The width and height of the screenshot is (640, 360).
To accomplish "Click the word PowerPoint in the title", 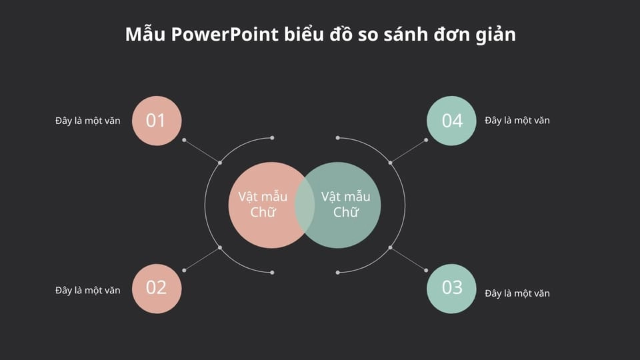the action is pos(225,34).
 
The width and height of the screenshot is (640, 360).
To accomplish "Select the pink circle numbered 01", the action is pos(157,121).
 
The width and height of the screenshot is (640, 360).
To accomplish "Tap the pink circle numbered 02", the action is pos(157,289).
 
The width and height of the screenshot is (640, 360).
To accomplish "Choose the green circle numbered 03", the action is pos(451,289).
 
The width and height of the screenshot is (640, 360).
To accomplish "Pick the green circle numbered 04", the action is pos(451,121).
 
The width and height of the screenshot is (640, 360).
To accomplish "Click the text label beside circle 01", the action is pos(88,121).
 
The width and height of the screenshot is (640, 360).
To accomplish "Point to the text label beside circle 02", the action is pos(88,290).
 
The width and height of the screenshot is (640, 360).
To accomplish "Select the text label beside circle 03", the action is pos(517,293).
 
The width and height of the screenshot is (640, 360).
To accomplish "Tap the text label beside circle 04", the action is pos(517,121).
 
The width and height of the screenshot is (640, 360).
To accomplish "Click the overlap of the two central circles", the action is pos(305,205).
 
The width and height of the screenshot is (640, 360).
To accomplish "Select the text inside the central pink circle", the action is pos(263,205).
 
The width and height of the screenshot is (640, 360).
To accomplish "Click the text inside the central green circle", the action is pos(346,205).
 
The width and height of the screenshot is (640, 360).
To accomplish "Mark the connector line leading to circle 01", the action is pos(202,151).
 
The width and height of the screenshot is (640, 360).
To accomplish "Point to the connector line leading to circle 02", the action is pos(202,259).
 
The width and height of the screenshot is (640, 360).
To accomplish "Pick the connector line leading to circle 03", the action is pos(408,259).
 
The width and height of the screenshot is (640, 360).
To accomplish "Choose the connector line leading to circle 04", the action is pos(408,151).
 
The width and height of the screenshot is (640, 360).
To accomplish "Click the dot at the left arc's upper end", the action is pos(272,138).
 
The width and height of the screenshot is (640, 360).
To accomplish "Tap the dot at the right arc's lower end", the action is pos(337,272).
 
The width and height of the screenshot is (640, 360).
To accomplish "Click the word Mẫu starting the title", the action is pos(145,33).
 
